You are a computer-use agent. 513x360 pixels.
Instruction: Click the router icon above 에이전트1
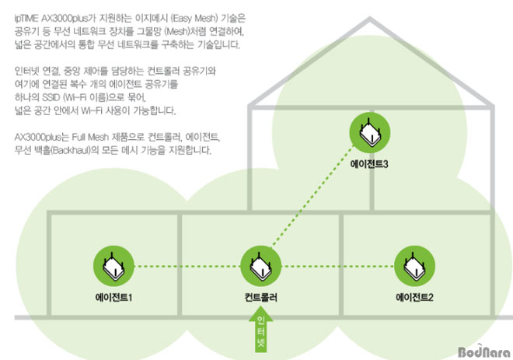[113, 266]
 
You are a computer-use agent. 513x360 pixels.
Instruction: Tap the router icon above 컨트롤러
[260, 266]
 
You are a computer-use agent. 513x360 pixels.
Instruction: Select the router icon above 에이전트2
[414, 266]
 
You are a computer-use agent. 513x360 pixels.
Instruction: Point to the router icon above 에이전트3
[370, 132]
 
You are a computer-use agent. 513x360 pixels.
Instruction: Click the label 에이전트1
[113, 298]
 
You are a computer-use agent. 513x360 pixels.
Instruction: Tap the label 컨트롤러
[260, 298]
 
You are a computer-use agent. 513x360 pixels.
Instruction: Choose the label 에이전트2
[414, 298]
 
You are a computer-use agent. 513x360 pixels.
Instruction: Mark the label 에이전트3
[369, 163]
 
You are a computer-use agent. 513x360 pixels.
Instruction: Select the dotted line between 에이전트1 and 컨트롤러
[187, 266]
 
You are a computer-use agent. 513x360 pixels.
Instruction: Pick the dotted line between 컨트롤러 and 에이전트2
[337, 266]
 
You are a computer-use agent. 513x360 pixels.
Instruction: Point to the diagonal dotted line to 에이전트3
[312, 197]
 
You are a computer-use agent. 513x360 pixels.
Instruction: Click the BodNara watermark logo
[484, 351]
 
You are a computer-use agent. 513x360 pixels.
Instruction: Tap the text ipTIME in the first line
[26, 19]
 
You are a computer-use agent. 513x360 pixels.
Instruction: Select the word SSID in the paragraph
[51, 97]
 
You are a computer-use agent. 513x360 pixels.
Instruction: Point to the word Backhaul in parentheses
[71, 150]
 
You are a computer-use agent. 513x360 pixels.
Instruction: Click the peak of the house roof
[370, 19]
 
